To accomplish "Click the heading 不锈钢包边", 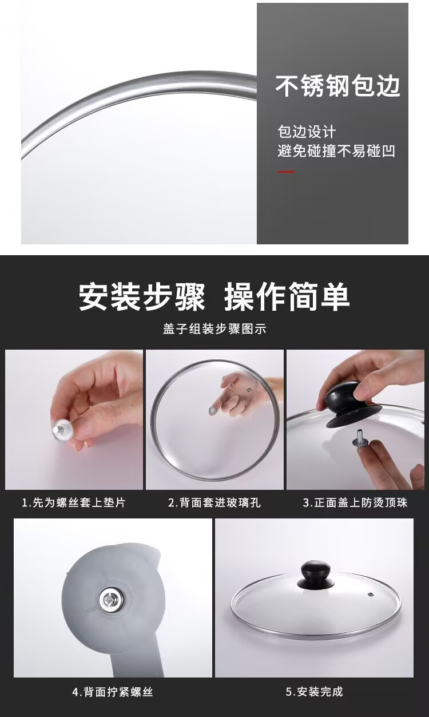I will pyautogui.click(x=337, y=86).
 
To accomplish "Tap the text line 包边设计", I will pyautogui.click(x=307, y=132).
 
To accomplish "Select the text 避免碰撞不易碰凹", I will pyautogui.click(x=336, y=152).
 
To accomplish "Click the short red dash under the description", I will pyautogui.click(x=286, y=172).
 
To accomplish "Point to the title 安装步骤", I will pyautogui.click(x=142, y=297).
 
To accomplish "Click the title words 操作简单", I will pyautogui.click(x=287, y=297).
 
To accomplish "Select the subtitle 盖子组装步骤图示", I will pyautogui.click(x=214, y=329).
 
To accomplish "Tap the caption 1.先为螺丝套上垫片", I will pyautogui.click(x=74, y=503).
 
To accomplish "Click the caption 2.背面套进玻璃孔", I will pyautogui.click(x=214, y=503).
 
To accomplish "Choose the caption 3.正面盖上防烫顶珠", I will pyautogui.click(x=355, y=503).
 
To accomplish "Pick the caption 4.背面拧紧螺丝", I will pyautogui.click(x=113, y=692).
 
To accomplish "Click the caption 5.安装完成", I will pyautogui.click(x=314, y=692).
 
